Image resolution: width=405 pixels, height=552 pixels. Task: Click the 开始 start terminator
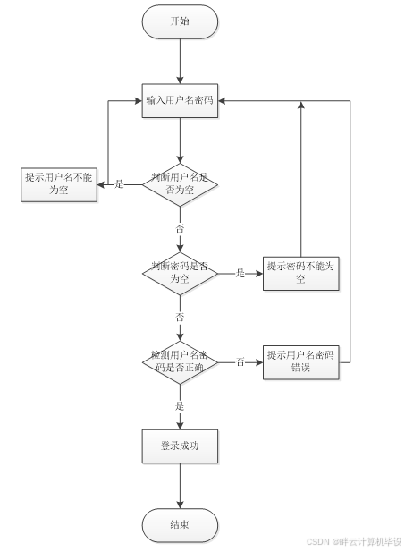click(x=180, y=22)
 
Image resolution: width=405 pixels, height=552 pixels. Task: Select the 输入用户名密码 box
click(x=180, y=100)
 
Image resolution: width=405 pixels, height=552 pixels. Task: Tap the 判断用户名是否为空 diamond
click(x=180, y=183)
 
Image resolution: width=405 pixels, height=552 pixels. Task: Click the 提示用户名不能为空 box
click(x=59, y=183)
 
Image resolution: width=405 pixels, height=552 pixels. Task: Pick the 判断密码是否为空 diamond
click(x=180, y=273)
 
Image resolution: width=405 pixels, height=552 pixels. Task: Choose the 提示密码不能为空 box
click(x=301, y=273)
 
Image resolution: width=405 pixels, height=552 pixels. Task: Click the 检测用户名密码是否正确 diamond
click(x=180, y=362)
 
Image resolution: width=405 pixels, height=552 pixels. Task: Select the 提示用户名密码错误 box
click(x=301, y=362)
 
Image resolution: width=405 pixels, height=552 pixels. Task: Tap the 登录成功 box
click(x=180, y=446)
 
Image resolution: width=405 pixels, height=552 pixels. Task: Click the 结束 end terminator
click(x=180, y=524)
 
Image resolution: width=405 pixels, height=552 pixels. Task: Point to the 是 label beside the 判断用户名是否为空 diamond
click(x=119, y=184)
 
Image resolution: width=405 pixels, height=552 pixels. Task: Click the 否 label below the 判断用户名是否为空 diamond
click(x=180, y=229)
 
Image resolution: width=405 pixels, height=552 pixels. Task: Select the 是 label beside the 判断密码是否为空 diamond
click(x=240, y=273)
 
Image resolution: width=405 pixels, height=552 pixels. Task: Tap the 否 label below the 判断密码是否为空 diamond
click(x=180, y=318)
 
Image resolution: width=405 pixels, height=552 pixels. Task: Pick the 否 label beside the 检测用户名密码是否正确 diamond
click(x=240, y=362)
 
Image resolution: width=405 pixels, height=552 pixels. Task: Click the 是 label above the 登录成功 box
click(x=180, y=406)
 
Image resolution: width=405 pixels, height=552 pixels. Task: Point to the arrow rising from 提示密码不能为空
click(x=301, y=179)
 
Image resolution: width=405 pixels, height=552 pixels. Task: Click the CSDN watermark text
click(x=354, y=542)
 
